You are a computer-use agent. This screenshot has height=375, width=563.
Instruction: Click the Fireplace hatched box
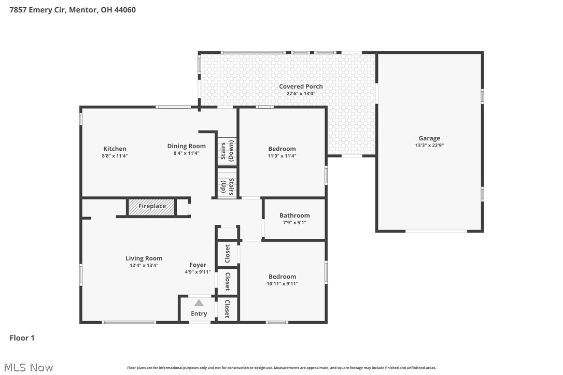(151, 206)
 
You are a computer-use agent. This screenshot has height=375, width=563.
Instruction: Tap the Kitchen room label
(115, 149)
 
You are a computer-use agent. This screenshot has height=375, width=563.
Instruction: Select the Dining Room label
(186, 146)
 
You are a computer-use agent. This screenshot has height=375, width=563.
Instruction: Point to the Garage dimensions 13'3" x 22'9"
(429, 146)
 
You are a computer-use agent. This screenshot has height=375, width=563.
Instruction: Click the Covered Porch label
(301, 86)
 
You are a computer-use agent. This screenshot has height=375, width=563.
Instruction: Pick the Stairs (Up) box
(227, 186)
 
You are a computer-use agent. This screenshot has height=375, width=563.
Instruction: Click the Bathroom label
(294, 215)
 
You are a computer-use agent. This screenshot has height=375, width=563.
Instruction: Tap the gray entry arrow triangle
(199, 303)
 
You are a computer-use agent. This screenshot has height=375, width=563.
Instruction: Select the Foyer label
(198, 265)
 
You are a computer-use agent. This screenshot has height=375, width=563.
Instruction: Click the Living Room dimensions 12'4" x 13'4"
(144, 265)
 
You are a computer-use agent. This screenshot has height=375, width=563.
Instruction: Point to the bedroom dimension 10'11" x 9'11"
(282, 284)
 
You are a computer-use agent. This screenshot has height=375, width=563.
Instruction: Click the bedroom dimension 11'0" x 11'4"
(282, 156)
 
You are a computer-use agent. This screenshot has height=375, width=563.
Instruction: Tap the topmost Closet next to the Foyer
(227, 254)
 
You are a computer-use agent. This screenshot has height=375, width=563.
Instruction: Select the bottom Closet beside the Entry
(227, 309)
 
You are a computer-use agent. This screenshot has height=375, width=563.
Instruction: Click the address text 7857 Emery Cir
(36, 9)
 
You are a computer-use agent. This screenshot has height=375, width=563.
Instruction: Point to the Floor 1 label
(22, 338)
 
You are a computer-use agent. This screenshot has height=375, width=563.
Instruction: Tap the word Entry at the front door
(199, 314)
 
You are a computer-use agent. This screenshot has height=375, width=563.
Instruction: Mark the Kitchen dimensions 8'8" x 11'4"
(115, 156)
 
